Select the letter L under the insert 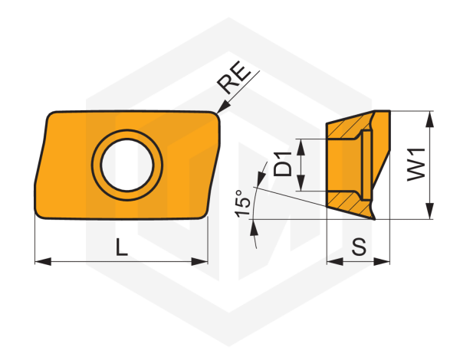click(121, 247)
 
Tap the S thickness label click(357, 247)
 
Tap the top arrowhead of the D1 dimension click(301, 144)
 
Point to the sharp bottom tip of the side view click(375, 218)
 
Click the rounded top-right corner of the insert click(217, 116)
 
